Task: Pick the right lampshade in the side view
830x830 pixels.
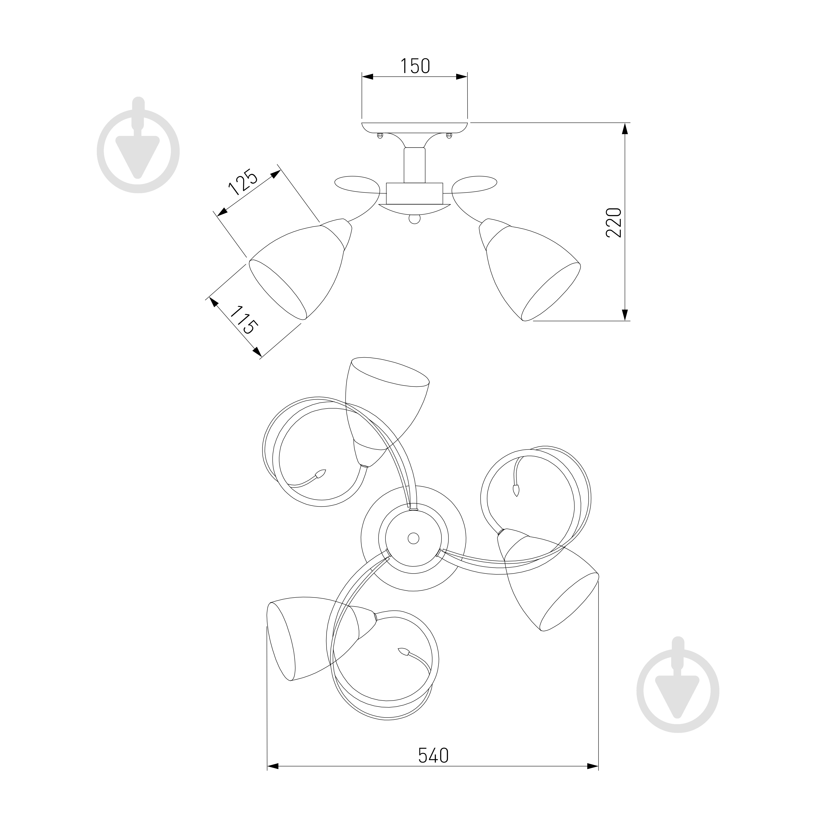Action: (x=529, y=269)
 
